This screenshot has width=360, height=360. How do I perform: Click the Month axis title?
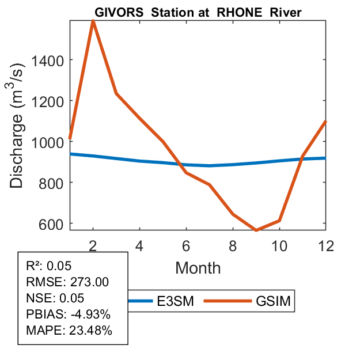(x=198, y=267)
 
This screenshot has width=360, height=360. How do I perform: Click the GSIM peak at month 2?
(x=93, y=21)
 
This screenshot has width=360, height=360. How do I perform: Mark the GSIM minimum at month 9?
(x=256, y=230)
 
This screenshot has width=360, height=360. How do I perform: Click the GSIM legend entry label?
(x=272, y=301)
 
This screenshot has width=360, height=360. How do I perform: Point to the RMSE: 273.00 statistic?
(x=67, y=282)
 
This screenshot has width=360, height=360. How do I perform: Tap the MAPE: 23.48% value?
(x=69, y=331)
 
